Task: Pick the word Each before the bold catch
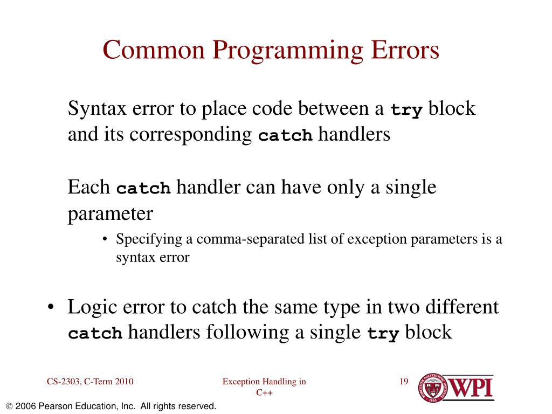[89, 188]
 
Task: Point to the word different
[463, 307]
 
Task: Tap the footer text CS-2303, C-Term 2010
[89, 382]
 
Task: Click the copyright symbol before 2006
[9, 406]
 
